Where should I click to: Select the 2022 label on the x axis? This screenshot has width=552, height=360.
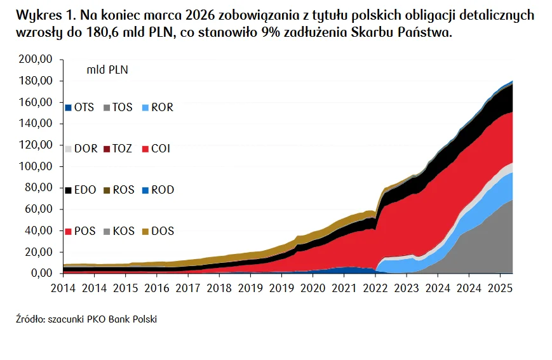375,286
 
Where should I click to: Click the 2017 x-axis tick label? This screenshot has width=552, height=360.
187,286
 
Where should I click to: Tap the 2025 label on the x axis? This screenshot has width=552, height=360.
500,286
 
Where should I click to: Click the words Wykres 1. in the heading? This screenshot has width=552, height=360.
44,15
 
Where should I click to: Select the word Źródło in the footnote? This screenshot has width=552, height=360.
30,319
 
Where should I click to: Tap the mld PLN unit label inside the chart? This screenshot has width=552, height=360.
107,70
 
